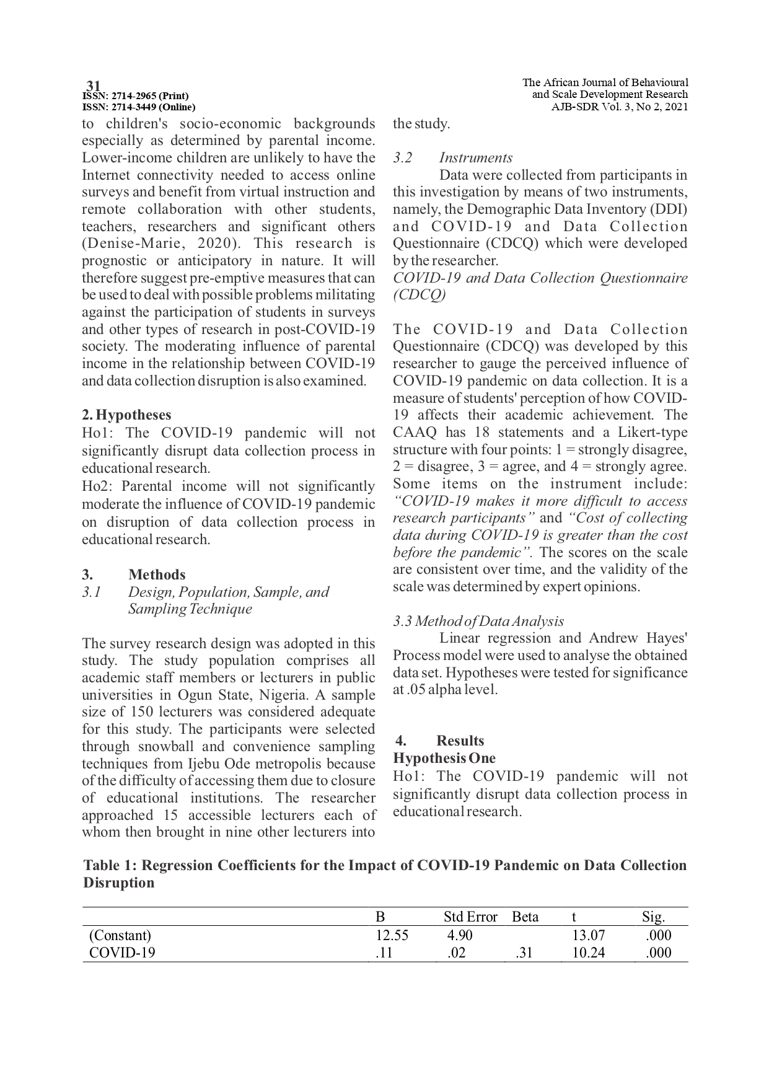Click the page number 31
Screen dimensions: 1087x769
pyautogui.click(x=94, y=86)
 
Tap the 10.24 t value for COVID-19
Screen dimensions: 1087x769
pyautogui.click(x=588, y=953)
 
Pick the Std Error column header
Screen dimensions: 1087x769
pyautogui.click(x=470, y=917)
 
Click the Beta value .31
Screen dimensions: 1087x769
pyautogui.click(x=524, y=953)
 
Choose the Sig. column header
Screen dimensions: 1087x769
pyautogui.click(x=653, y=917)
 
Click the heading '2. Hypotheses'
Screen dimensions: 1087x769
pyautogui.click(x=126, y=415)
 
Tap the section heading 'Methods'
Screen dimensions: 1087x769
pyautogui.click(x=157, y=574)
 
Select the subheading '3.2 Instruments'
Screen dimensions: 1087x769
pyautogui.click(x=452, y=157)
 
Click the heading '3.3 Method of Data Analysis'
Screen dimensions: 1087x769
pyautogui.click(x=478, y=621)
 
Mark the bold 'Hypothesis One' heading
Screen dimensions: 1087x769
pyautogui.click(x=444, y=758)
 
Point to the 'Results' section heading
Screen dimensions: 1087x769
pyautogui.click(x=460, y=741)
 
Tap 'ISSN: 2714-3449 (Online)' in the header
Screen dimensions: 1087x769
pyautogui.click(x=139, y=107)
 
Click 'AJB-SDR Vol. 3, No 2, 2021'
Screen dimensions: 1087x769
pyautogui.click(x=620, y=106)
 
